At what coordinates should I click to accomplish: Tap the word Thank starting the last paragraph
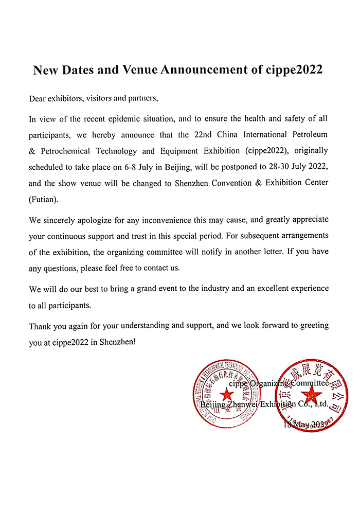[40, 326]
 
